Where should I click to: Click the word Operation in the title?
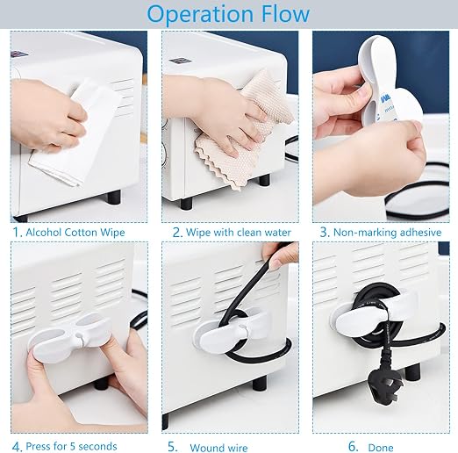tap(200, 14)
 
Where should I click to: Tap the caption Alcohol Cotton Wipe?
tap(75, 233)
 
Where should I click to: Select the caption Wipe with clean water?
tap(239, 233)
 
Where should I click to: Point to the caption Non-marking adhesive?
tap(387, 233)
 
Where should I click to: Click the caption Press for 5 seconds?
tap(71, 446)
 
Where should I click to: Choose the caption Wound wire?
tap(218, 448)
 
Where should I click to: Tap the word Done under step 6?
tap(381, 448)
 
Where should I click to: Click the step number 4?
tap(17, 447)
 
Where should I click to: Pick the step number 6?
tap(354, 447)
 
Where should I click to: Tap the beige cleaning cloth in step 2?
tap(244, 130)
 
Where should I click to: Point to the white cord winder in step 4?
tap(70, 336)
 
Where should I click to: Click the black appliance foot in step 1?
tap(114, 197)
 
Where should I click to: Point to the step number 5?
tap(173, 447)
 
